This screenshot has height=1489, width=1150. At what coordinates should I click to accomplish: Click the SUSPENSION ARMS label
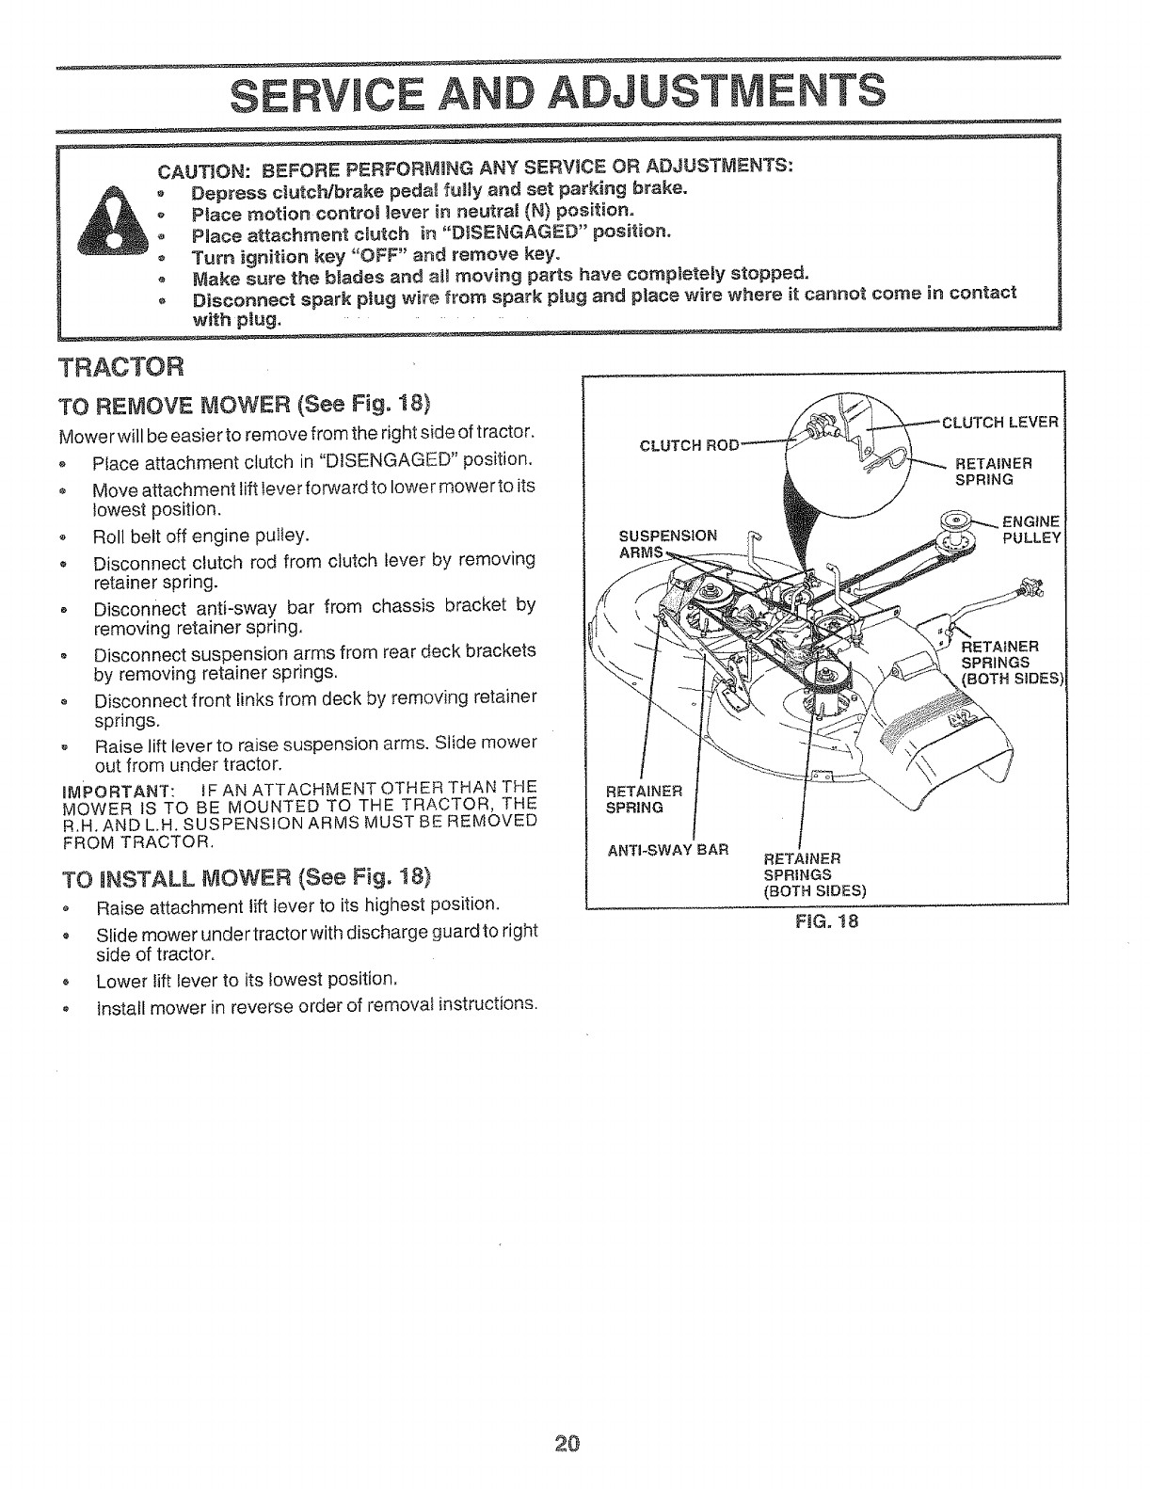667,543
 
